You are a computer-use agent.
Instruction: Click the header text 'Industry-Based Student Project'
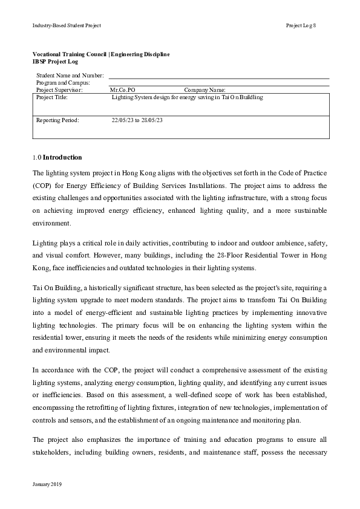point(67,25)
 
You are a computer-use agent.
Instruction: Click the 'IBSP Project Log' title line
point(55,61)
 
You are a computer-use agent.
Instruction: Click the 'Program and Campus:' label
point(63,82)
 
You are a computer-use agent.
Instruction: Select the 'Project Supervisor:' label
point(64,89)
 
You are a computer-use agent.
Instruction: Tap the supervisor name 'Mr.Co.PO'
point(123,89)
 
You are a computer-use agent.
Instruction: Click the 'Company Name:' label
point(205,89)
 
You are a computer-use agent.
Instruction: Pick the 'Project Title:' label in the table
point(52,97)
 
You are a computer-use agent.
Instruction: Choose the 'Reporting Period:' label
point(57,120)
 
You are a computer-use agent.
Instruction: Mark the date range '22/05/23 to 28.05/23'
point(137,120)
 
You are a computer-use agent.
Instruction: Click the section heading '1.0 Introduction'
point(57,157)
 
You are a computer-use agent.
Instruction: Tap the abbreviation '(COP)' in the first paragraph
point(42,186)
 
